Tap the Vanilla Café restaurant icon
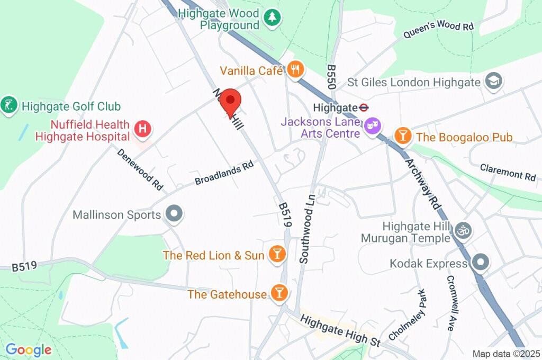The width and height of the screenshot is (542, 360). [295, 69]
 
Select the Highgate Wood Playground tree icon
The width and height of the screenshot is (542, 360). [272, 17]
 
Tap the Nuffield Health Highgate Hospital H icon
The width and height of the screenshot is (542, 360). [142, 128]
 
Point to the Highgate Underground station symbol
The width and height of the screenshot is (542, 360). [363, 107]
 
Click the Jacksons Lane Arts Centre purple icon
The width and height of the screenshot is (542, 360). [374, 127]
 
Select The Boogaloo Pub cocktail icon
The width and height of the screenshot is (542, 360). [403, 136]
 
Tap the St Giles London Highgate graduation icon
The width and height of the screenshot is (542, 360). [494, 82]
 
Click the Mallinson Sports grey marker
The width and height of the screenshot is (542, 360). [174, 214]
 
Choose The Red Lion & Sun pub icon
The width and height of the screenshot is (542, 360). [276, 254]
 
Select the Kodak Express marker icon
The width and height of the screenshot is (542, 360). [480, 263]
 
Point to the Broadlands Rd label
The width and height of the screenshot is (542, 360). [224, 173]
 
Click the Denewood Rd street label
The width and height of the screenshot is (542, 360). [140, 169]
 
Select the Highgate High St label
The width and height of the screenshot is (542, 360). [340, 330]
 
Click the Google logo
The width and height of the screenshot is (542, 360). [29, 349]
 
